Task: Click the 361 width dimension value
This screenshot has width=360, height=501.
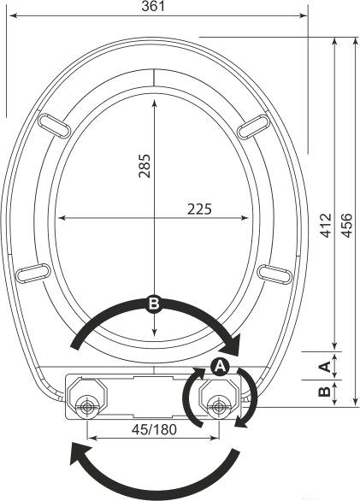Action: point(153,6)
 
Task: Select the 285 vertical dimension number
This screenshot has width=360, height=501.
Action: point(145,166)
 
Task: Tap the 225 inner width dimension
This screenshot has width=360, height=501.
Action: point(199,209)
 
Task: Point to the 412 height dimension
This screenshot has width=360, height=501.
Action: point(326,226)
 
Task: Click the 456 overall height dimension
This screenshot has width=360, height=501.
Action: point(346,226)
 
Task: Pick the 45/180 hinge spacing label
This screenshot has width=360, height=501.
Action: point(154,430)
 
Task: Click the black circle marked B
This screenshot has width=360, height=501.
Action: point(154,304)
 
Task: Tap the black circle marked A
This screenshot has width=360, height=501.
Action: point(220,367)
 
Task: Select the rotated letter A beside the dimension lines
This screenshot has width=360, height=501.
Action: point(324,366)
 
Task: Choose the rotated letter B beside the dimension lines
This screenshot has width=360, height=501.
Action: point(324,392)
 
